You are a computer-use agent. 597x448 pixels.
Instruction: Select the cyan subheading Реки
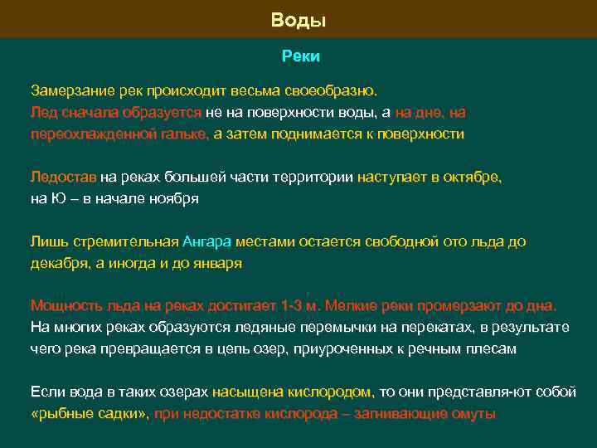[x=298, y=56]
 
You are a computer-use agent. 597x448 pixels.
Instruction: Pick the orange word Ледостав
[x=63, y=177]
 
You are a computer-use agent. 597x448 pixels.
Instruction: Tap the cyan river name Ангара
[x=206, y=241]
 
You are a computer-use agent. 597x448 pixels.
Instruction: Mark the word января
[x=215, y=263]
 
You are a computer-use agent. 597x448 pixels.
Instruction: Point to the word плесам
[x=493, y=349]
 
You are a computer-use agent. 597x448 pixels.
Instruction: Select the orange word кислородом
[x=335, y=392]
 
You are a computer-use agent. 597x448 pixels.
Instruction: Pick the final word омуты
[x=475, y=414]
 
